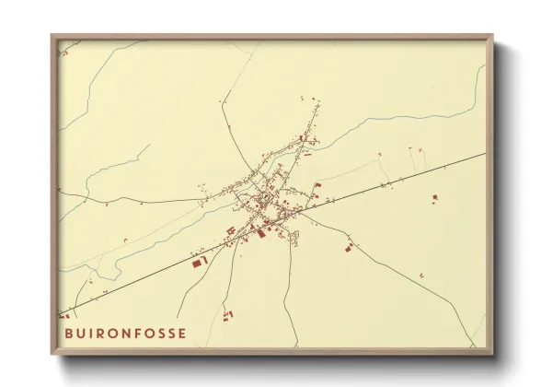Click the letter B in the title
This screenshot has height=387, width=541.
click(x=68, y=333)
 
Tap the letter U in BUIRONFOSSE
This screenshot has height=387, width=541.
click(x=81, y=333)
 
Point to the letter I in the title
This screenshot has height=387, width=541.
click(x=92, y=333)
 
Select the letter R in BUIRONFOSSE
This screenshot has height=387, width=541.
click(x=102, y=333)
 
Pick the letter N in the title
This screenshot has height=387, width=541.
click(x=130, y=333)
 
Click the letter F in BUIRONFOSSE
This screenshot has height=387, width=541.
click(x=143, y=333)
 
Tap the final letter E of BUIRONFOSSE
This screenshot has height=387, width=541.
click(x=182, y=333)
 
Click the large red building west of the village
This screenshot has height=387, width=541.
click(x=198, y=263)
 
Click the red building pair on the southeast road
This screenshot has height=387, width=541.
click(x=348, y=247)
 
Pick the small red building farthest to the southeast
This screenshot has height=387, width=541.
click(x=421, y=275)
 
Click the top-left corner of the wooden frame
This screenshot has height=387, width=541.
click(x=53, y=37)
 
